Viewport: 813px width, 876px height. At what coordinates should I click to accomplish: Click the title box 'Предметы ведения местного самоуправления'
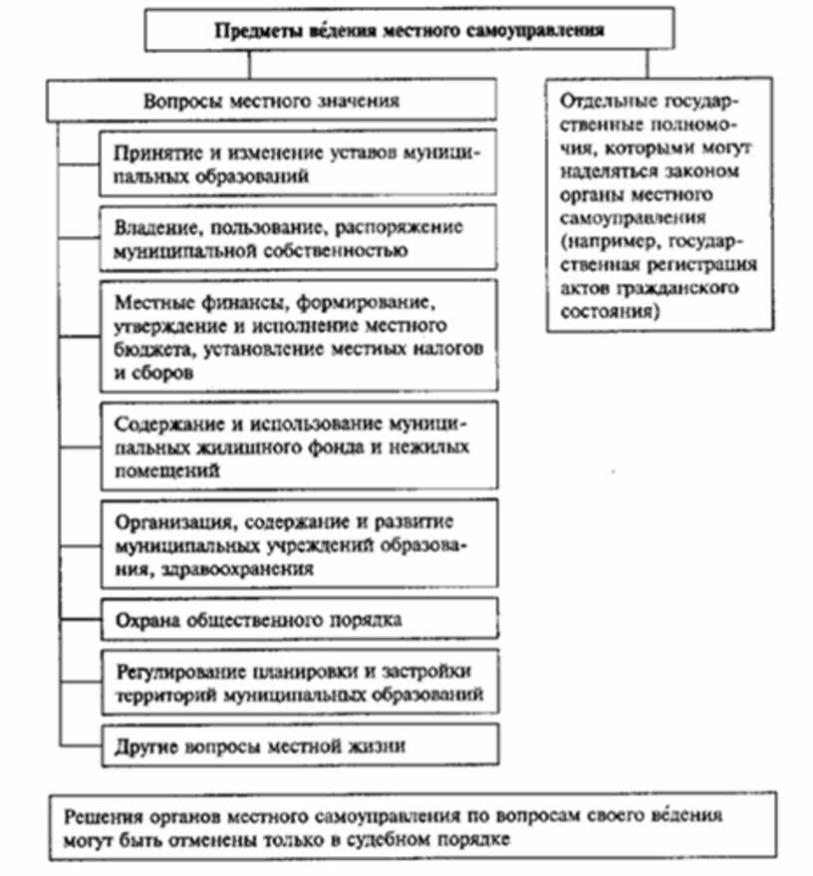click(x=409, y=29)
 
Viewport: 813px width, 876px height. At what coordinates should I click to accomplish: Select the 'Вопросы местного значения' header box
click(x=272, y=101)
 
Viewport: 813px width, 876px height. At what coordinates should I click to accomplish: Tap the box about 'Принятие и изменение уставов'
click(x=298, y=162)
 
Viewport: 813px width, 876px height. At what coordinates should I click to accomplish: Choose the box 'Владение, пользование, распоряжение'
click(x=298, y=237)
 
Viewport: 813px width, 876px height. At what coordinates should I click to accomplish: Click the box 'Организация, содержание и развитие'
click(x=298, y=544)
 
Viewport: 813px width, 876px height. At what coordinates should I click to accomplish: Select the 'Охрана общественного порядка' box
click(x=298, y=620)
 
